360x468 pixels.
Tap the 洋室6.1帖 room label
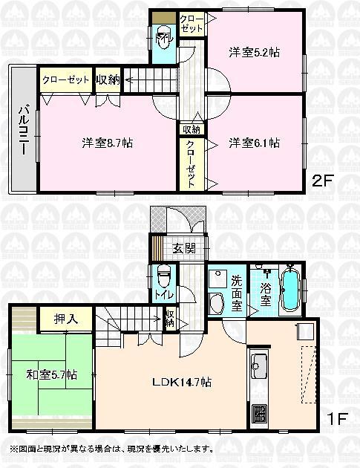pyautogui.click(x=254, y=143)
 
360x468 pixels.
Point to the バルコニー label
pyautogui.click(x=23, y=131)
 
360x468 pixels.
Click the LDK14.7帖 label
pyautogui.click(x=183, y=382)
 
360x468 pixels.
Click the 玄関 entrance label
pyautogui.click(x=184, y=248)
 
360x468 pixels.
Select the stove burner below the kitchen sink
pyautogui.click(x=259, y=412)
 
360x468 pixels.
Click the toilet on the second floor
pyautogui.click(x=163, y=36)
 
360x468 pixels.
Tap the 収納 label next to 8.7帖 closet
pyautogui.click(x=108, y=79)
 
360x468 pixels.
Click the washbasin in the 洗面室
pyautogui.click(x=216, y=302)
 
